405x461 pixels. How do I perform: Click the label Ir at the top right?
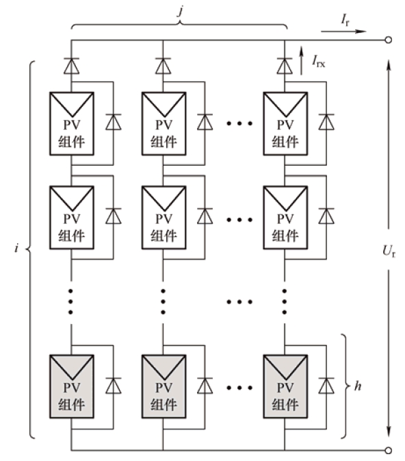tap(345, 21)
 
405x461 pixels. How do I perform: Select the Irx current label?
tap(319, 62)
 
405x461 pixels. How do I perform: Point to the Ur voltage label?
tap(389, 251)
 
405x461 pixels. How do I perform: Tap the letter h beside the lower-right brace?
tap(358, 386)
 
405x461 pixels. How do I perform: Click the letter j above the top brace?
tap(181, 11)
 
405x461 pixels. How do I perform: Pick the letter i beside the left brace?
tap(16, 248)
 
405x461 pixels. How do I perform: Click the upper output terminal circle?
tap(389, 40)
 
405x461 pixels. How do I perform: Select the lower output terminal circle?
tap(389, 450)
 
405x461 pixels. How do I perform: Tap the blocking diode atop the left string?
tap(71, 66)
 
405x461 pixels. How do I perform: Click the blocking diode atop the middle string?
tap(163, 66)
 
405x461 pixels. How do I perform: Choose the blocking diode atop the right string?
tap(285, 66)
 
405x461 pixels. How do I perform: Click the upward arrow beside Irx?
tap(301, 60)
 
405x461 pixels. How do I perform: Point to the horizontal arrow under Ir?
tap(343, 31)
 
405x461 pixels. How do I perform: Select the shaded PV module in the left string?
tap(72, 386)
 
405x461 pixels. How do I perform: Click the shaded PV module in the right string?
tap(285, 386)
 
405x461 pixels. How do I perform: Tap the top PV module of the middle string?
tap(164, 123)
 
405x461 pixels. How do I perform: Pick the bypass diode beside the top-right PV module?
tap(326, 122)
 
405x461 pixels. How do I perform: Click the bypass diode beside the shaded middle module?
tap(205, 386)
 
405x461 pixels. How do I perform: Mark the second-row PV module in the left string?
tap(72, 218)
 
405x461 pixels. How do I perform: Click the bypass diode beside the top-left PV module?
tap(114, 122)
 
